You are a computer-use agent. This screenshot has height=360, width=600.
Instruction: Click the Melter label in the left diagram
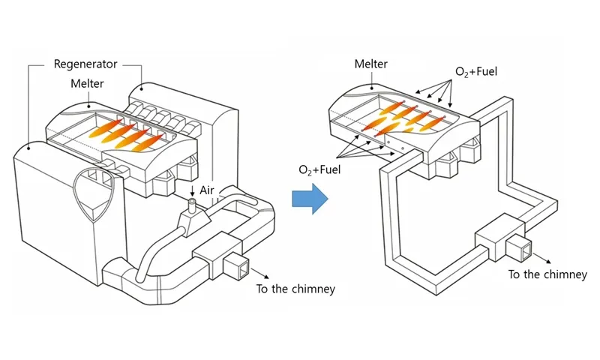[x=89, y=83]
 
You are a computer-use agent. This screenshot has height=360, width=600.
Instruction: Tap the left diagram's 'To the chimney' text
[x=295, y=289]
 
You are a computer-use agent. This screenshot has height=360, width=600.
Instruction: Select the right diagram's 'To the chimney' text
[x=547, y=274]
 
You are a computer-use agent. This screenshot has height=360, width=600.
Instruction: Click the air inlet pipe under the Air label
[x=191, y=207]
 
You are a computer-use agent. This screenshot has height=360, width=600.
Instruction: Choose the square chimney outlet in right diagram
[x=517, y=245]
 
